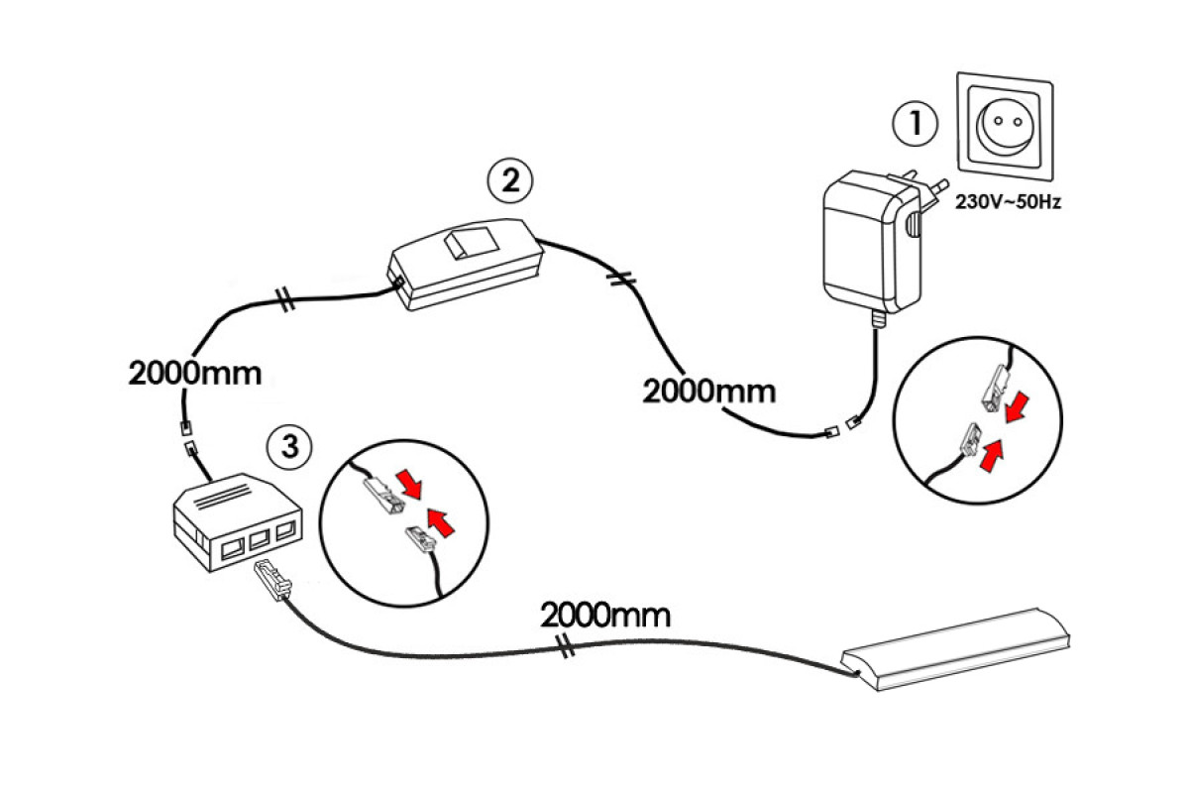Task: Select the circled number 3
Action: click(x=288, y=447)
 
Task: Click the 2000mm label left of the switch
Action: click(x=195, y=374)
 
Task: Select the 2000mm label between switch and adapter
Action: click(x=708, y=390)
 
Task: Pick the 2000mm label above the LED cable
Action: click(x=604, y=615)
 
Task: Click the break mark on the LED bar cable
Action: click(x=566, y=650)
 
